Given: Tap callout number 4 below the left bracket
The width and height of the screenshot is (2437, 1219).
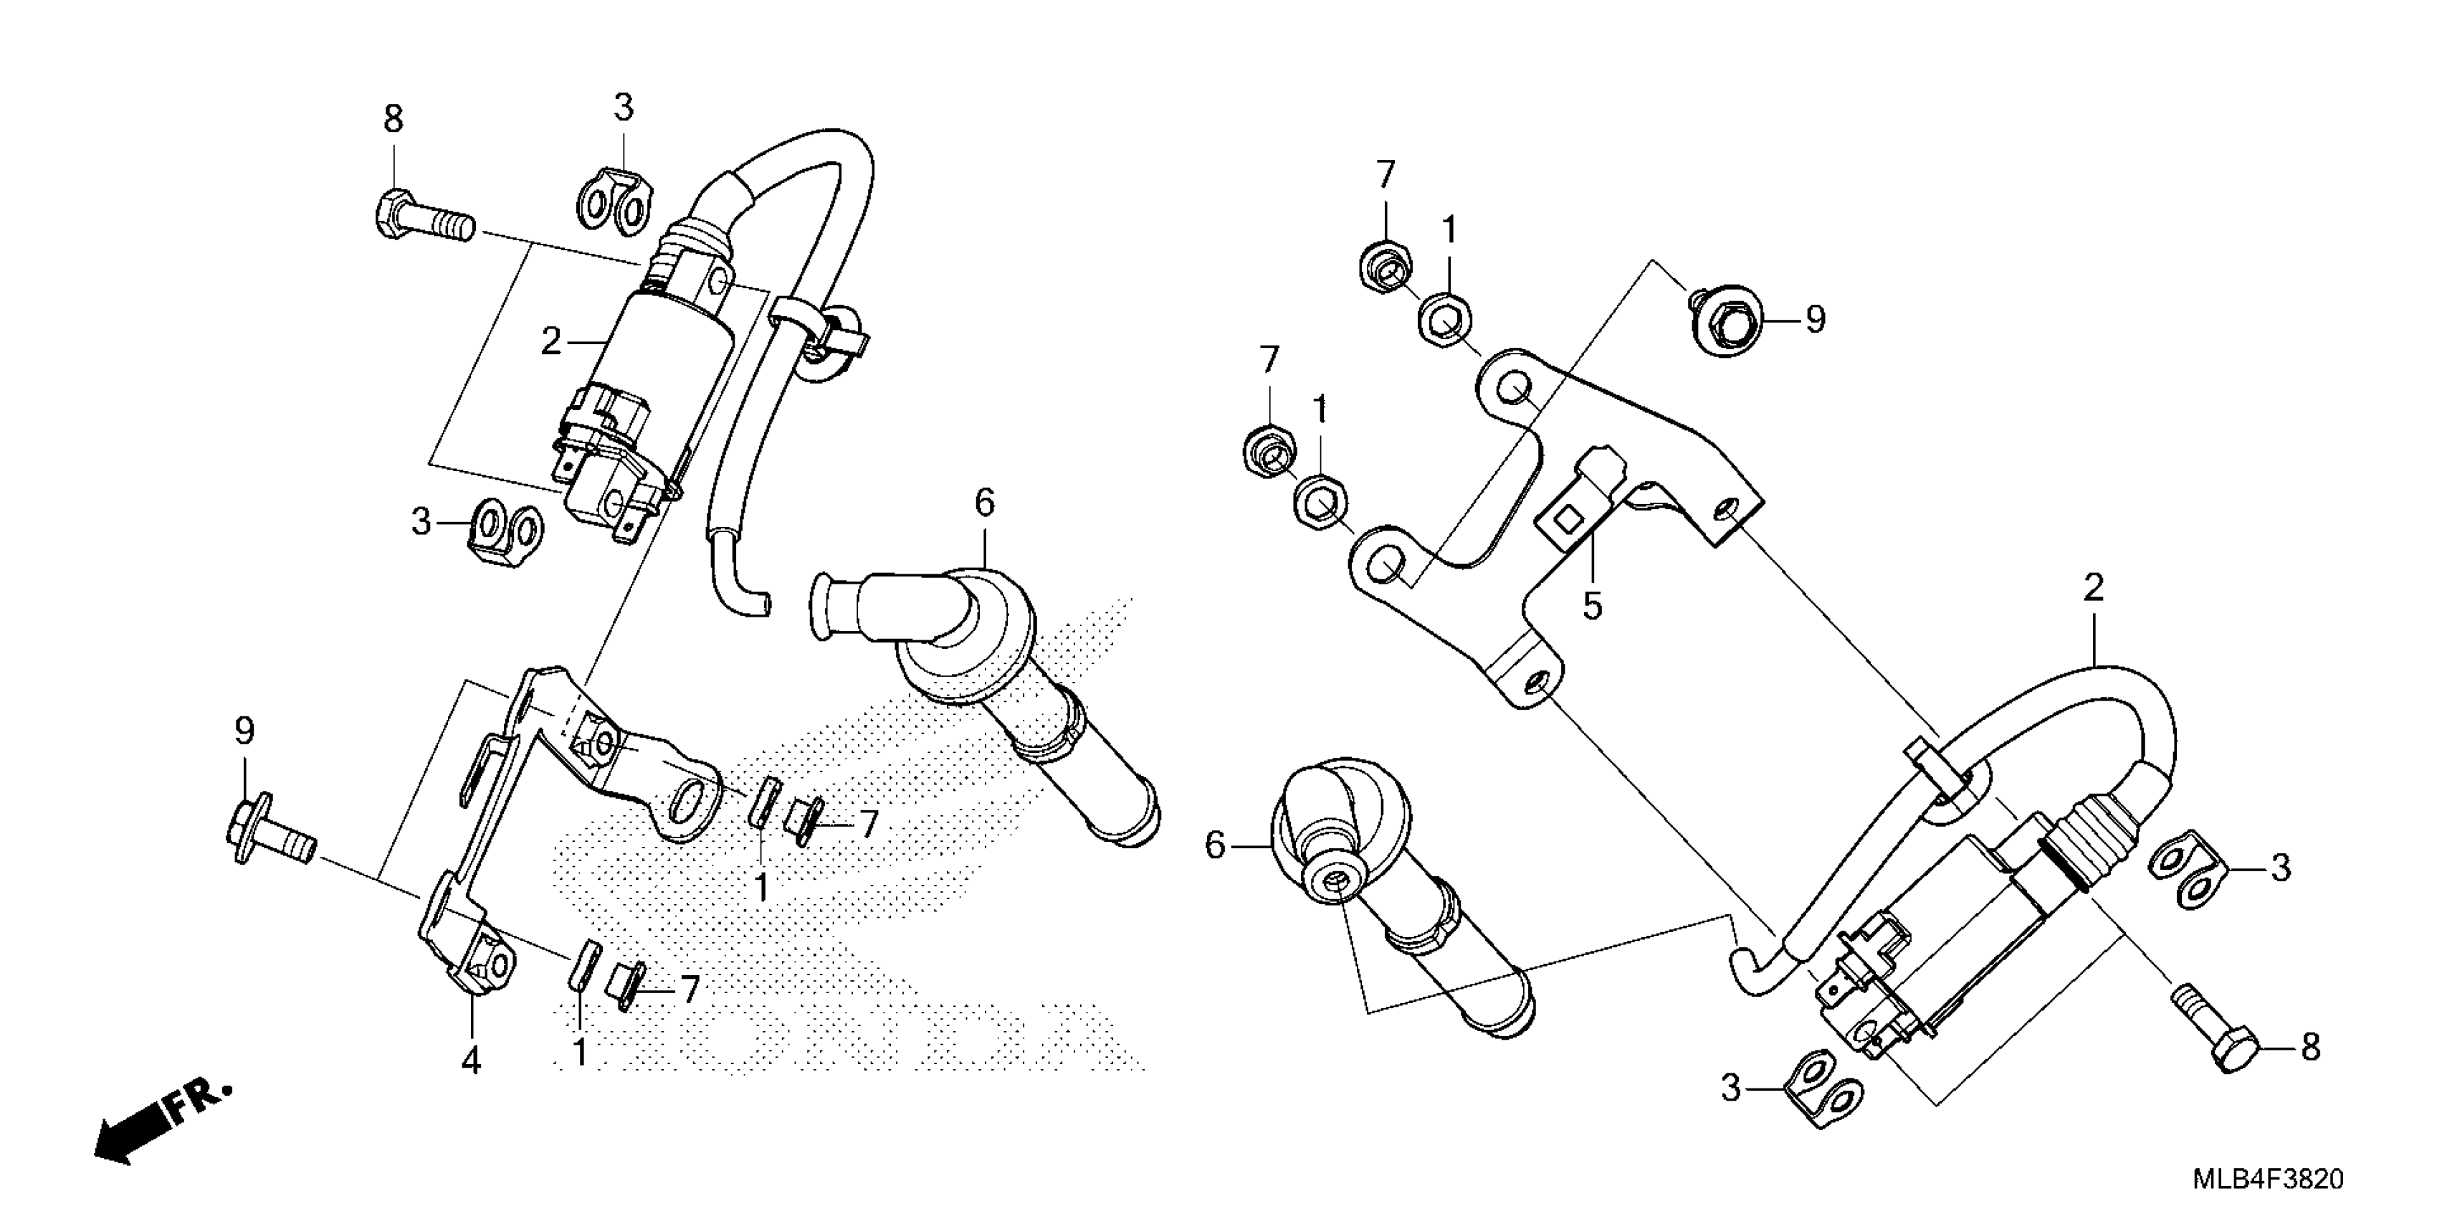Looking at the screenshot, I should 471,1060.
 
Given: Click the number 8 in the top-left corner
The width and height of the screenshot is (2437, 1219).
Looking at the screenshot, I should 393,119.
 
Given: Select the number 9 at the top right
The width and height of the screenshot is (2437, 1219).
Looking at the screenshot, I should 1815,320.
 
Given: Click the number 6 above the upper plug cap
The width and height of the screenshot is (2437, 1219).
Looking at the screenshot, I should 985,503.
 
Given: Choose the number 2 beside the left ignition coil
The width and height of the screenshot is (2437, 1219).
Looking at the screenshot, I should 550,341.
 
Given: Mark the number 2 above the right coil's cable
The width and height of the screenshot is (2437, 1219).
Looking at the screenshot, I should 2094,588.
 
